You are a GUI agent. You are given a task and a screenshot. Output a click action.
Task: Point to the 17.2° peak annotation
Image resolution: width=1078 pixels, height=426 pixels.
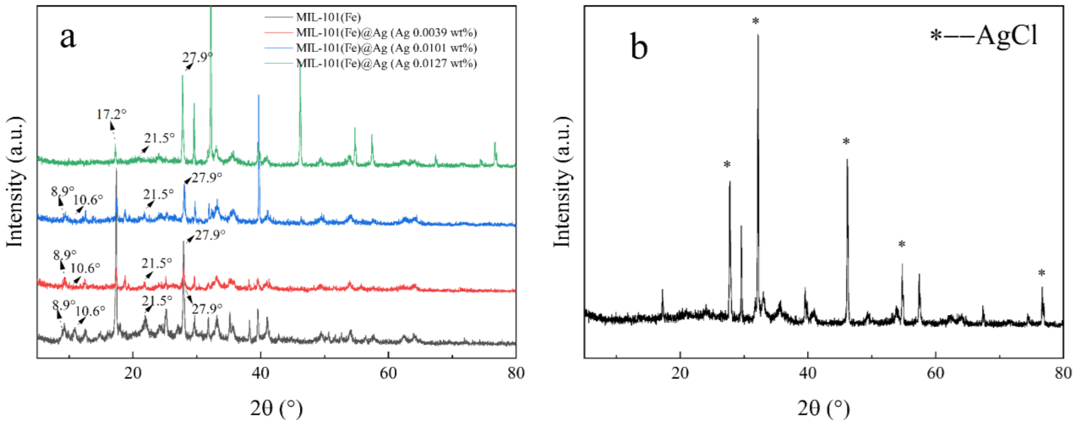tap(111, 114)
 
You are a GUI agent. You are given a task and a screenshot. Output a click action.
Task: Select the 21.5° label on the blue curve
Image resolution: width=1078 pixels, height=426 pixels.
tap(158, 194)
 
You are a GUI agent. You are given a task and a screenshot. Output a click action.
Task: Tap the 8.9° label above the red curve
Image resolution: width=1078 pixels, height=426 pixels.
tap(65, 255)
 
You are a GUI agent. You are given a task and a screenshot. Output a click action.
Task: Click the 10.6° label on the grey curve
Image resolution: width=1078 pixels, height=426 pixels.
tap(90, 311)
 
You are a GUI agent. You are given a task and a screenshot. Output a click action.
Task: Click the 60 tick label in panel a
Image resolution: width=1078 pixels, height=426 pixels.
tap(388, 373)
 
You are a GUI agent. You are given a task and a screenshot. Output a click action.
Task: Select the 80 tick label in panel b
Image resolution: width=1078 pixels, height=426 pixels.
tap(1063, 373)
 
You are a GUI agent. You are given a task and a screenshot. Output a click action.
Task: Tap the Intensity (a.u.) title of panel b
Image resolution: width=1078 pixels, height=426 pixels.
tap(562, 182)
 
